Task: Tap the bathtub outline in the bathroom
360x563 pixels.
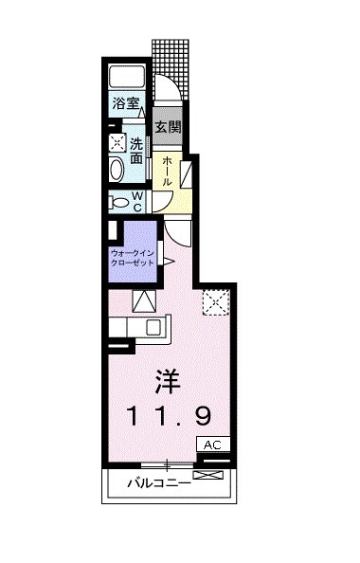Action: [x=127, y=78]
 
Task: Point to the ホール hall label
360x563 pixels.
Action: [x=167, y=170]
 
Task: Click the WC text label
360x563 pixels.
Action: [x=136, y=200]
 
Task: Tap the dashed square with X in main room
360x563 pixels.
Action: [x=215, y=301]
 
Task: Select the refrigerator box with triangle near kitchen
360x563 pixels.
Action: [x=144, y=302]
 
